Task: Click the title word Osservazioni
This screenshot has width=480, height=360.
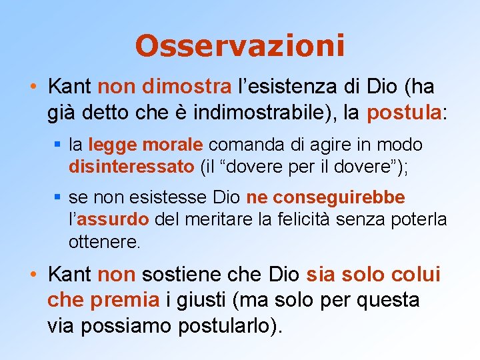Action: (240, 46)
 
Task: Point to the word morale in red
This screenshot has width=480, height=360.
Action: (178, 145)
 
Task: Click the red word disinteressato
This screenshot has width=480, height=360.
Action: (131, 167)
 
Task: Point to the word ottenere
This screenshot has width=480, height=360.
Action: (105, 241)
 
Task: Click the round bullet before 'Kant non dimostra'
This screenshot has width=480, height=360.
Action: (34, 87)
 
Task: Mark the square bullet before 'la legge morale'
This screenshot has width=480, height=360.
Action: (59, 145)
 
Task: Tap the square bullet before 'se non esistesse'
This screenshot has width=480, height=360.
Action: (59, 199)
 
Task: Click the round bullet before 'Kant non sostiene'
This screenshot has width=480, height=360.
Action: (34, 275)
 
